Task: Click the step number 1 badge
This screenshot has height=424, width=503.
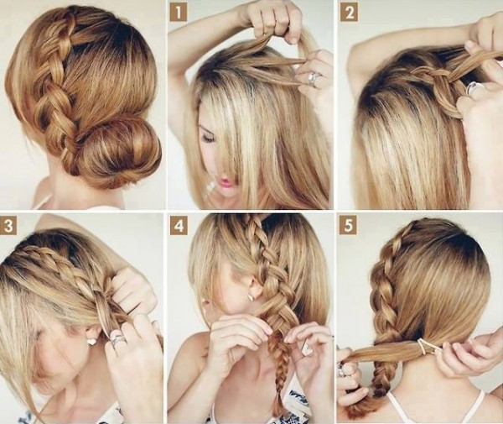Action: (x=179, y=13)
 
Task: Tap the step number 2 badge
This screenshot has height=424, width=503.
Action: (x=349, y=13)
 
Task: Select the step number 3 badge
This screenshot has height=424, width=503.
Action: (x=8, y=226)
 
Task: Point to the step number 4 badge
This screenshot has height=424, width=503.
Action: (x=179, y=226)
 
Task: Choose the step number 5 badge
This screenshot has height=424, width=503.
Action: (x=349, y=226)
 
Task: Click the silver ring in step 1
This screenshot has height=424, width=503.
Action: (x=313, y=78)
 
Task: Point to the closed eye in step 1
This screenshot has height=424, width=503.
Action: (x=208, y=139)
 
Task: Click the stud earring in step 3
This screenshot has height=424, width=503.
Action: (x=91, y=340)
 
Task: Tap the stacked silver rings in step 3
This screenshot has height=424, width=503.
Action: (x=117, y=340)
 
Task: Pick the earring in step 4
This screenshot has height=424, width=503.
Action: (x=251, y=296)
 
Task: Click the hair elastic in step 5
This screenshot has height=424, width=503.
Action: (x=425, y=347)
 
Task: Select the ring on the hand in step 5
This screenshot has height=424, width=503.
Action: (x=342, y=370)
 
